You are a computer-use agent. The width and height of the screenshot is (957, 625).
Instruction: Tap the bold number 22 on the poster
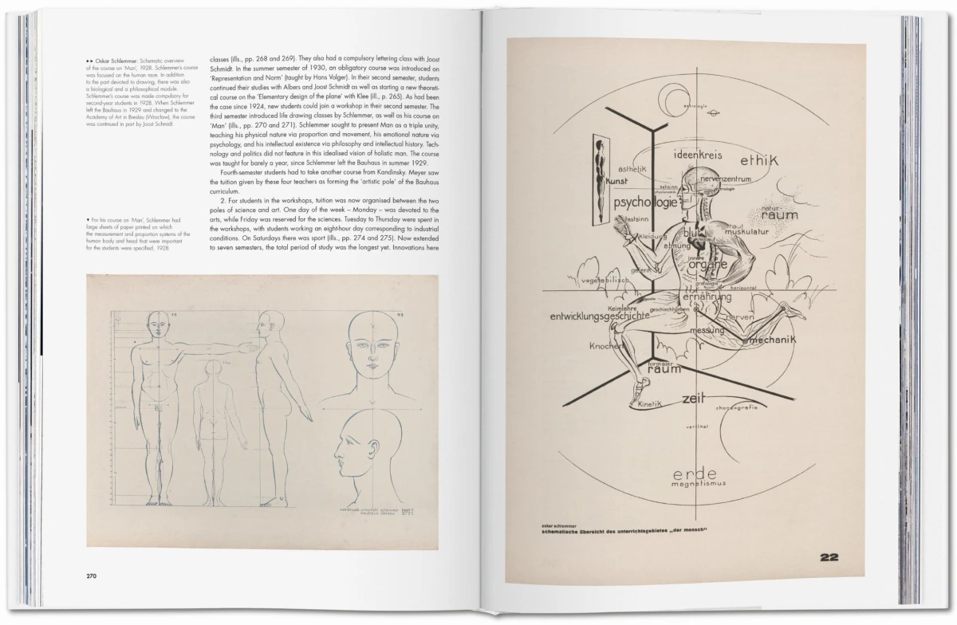(x=829, y=557)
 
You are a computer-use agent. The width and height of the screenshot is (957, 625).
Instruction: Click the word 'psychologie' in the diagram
(x=645, y=202)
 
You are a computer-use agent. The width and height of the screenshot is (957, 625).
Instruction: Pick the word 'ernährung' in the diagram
(x=706, y=297)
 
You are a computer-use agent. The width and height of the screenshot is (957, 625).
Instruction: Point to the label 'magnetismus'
(x=697, y=483)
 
